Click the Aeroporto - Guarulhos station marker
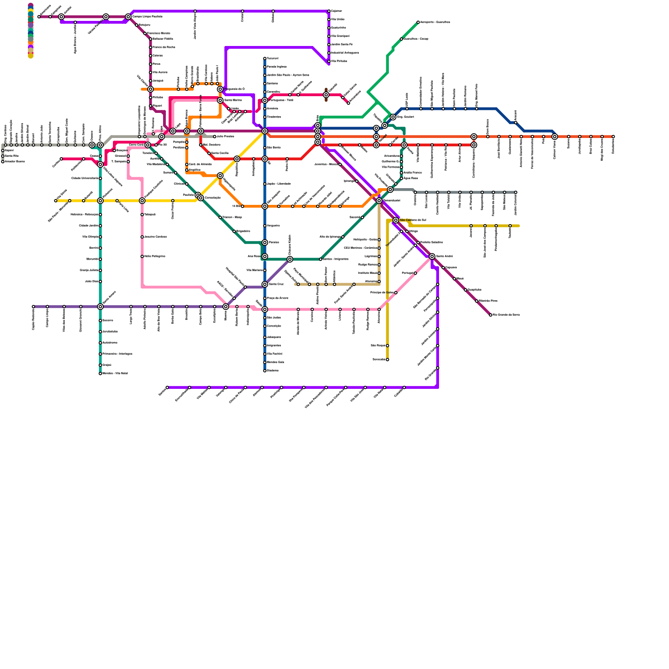tap(418, 22)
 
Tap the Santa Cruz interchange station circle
tap(265, 284)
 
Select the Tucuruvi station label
tap(272, 59)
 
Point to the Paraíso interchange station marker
tap(265, 243)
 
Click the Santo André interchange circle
tap(432, 256)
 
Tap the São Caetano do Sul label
tap(413, 220)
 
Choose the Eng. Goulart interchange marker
tap(393, 117)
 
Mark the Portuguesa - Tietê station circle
tap(265, 100)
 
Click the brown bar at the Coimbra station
tap(326, 95)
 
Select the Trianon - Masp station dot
tap(220, 217)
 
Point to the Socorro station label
tap(108, 321)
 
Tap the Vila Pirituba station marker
tap(329, 61)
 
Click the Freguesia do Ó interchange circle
tap(220, 89)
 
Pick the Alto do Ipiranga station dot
tap(343, 237)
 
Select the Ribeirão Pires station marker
tap(477, 301)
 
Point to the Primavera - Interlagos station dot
tap(100, 354)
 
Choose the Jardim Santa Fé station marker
tap(329, 45)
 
